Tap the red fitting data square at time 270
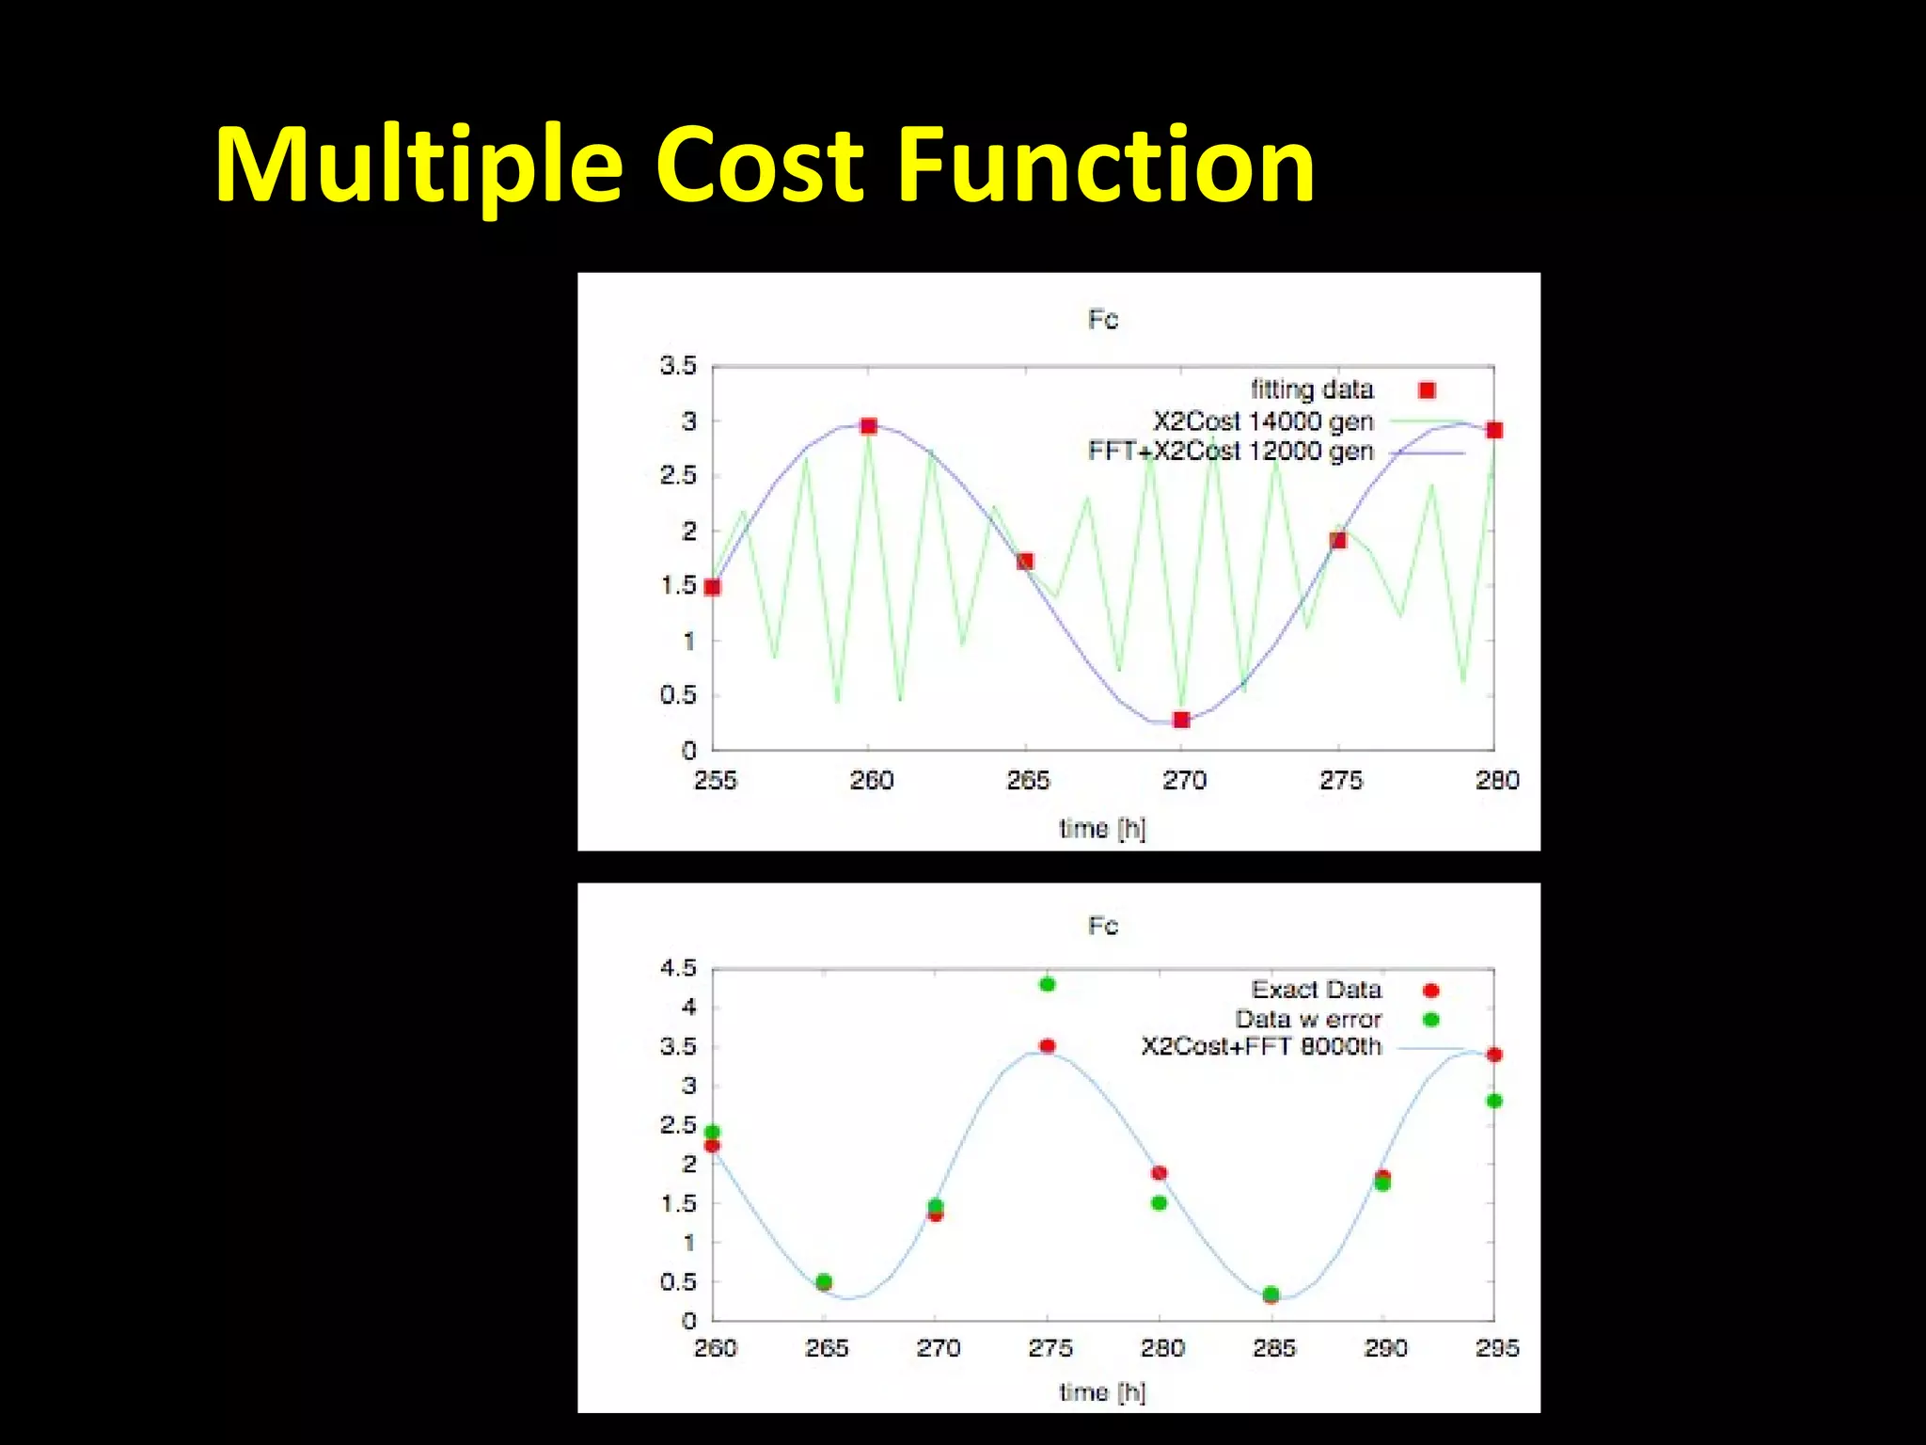pyautogui.click(x=1182, y=720)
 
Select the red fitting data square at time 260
pyautogui.click(x=869, y=426)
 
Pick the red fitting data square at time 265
pyautogui.click(x=1025, y=561)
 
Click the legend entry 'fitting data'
pyautogui.click(x=1312, y=389)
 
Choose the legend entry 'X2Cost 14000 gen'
pyautogui.click(x=1263, y=421)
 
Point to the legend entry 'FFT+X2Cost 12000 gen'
pyautogui.click(x=1231, y=452)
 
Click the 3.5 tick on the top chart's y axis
pyautogui.click(x=678, y=365)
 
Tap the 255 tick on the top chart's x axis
pyautogui.click(x=715, y=780)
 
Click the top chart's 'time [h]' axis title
pyautogui.click(x=1102, y=828)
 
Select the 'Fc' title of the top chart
pyautogui.click(x=1103, y=320)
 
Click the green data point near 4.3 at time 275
pyautogui.click(x=1048, y=984)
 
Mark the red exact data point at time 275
pyautogui.click(x=1048, y=1045)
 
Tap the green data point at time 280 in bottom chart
pyautogui.click(x=1159, y=1202)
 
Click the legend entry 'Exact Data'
pyautogui.click(x=1317, y=990)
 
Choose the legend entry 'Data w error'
pyautogui.click(x=1308, y=1019)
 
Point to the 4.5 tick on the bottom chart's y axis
pyautogui.click(x=678, y=968)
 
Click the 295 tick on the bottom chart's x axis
pyautogui.click(x=1496, y=1348)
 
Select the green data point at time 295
pyautogui.click(x=1494, y=1101)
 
